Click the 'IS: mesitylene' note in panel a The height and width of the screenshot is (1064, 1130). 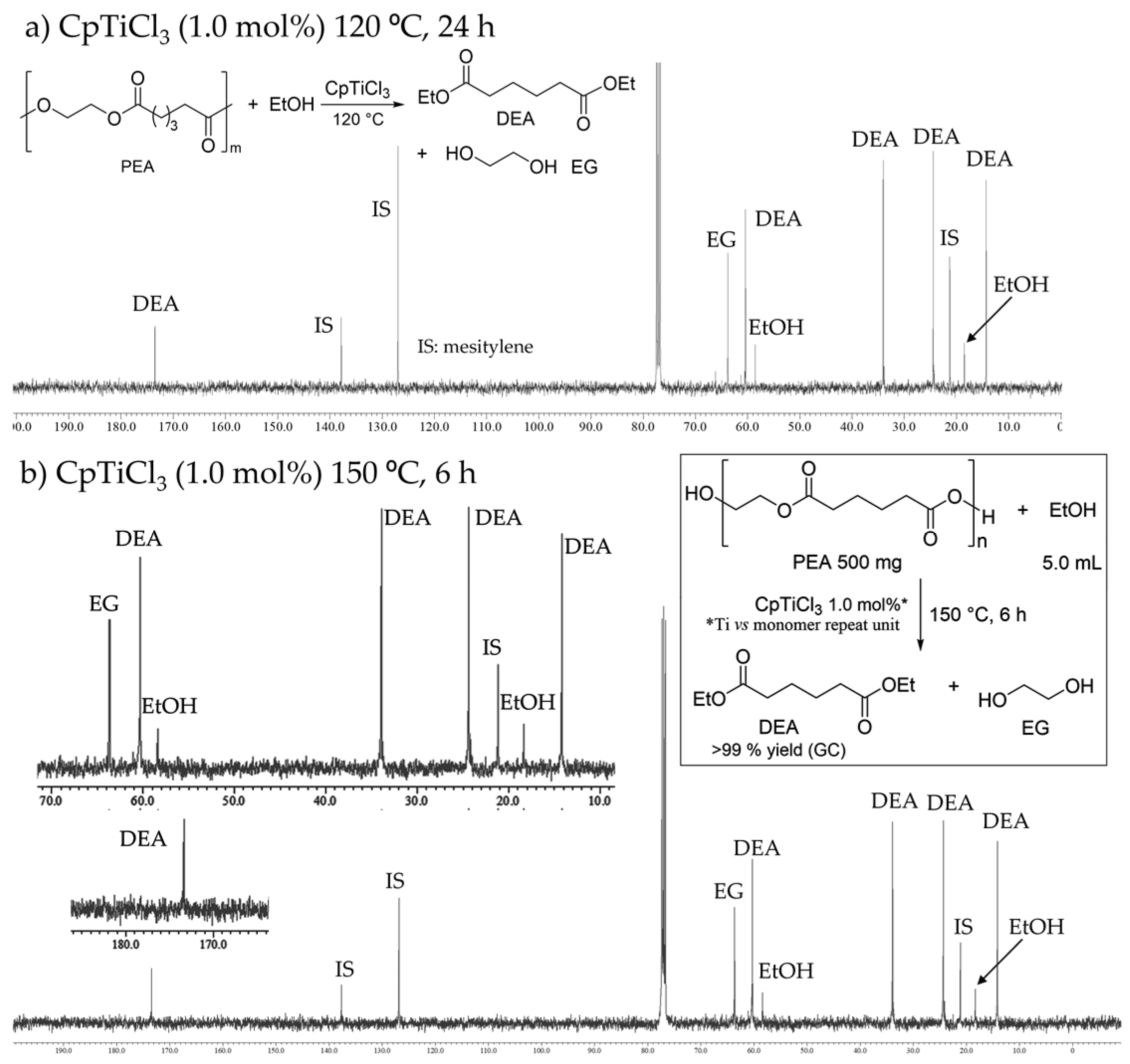coord(475,346)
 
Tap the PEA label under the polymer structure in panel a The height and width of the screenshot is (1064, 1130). coord(137,167)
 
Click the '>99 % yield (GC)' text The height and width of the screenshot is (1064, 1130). coord(779,750)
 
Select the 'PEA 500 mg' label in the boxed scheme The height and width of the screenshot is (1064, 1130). coord(847,562)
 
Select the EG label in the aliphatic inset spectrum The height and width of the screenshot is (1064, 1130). coord(104,603)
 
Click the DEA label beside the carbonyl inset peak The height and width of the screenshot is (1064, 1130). coord(143,839)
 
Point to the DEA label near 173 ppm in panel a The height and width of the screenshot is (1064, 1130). coord(156,304)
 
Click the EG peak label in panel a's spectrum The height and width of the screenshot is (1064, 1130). coord(721,240)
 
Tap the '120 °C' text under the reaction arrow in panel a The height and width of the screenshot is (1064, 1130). coord(358,119)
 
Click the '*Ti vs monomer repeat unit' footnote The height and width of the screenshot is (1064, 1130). coord(803,625)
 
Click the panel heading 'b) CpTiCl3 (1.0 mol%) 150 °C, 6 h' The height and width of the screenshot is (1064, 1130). coord(248,474)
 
